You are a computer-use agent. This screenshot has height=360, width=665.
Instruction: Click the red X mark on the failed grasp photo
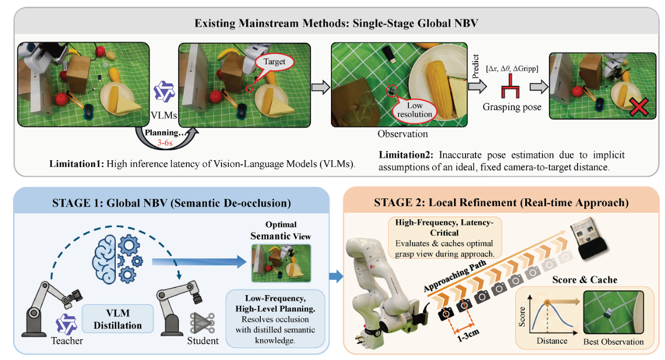click(639, 107)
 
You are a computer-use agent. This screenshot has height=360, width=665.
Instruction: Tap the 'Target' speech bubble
click(274, 62)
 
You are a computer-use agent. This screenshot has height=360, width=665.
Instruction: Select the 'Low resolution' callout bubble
click(414, 110)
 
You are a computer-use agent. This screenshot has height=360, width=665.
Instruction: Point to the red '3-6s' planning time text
click(165, 143)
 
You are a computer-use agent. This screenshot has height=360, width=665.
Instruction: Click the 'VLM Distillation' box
click(118, 319)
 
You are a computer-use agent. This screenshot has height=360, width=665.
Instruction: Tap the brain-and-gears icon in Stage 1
click(117, 260)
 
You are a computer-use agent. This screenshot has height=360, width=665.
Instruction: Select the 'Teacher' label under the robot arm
click(67, 341)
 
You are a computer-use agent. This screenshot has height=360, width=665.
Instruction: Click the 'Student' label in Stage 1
click(203, 341)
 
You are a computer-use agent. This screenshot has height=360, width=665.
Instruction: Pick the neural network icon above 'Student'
click(202, 323)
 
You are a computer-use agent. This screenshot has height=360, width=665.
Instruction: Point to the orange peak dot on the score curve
click(547, 303)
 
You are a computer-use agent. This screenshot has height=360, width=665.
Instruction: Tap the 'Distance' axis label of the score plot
click(552, 341)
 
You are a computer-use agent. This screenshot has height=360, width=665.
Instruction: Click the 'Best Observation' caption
click(613, 342)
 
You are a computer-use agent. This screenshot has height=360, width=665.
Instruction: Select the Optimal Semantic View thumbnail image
click(281, 263)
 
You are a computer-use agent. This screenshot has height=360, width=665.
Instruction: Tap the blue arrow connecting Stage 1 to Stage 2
click(336, 277)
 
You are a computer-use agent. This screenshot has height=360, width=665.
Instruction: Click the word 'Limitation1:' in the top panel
click(76, 164)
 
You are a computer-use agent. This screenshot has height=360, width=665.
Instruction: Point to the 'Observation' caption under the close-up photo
click(403, 134)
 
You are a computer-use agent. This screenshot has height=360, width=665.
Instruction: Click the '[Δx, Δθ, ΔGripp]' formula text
click(512, 69)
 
